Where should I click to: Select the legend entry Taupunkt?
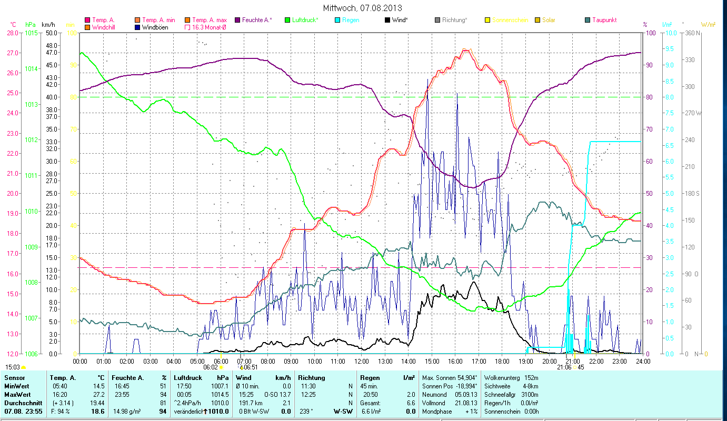click(604, 20)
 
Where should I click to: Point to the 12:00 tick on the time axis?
click(362, 361)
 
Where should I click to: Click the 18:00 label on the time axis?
click(502, 361)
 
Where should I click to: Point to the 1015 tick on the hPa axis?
click(31, 33)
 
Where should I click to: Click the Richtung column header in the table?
click(312, 378)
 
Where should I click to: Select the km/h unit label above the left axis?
click(48, 25)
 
